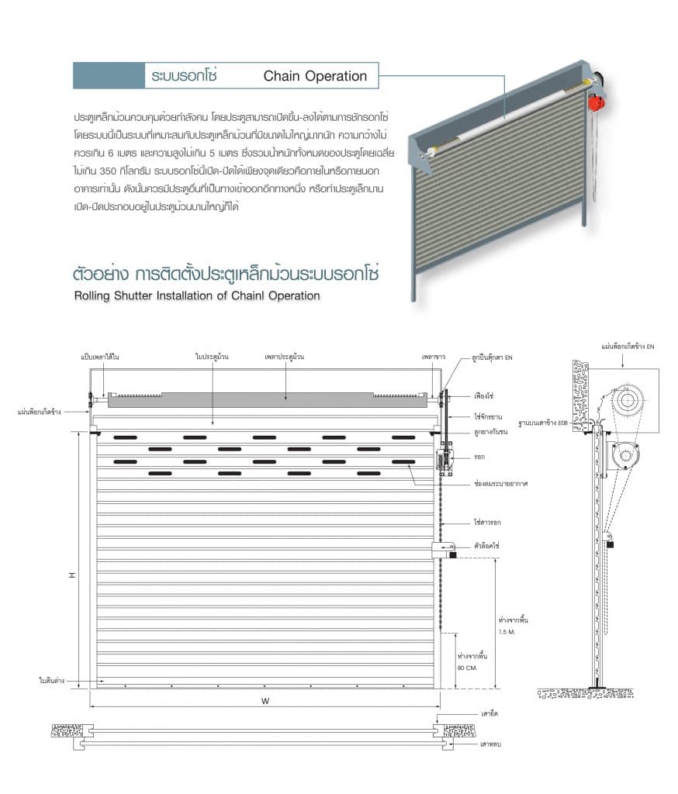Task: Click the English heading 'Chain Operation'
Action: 315,76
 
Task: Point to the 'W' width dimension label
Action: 265,702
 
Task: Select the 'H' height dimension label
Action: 71,575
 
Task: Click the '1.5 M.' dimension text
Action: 507,632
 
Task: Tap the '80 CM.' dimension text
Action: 466,668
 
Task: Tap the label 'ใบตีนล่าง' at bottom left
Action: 51,680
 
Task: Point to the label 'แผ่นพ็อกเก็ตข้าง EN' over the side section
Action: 628,346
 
